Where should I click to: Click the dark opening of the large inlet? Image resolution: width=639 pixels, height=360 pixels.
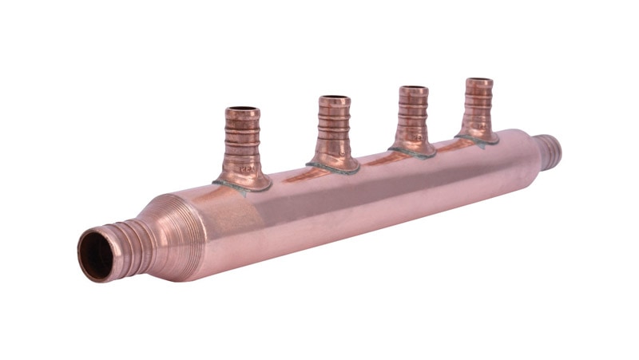pos(97,255)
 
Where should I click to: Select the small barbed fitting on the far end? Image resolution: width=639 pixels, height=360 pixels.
pos(550,150)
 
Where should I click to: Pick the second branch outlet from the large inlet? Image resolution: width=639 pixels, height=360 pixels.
pos(334,131)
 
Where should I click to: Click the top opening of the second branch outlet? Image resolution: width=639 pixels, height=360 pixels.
pos(334,101)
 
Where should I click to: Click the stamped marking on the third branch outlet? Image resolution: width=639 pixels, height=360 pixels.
pos(416,137)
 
